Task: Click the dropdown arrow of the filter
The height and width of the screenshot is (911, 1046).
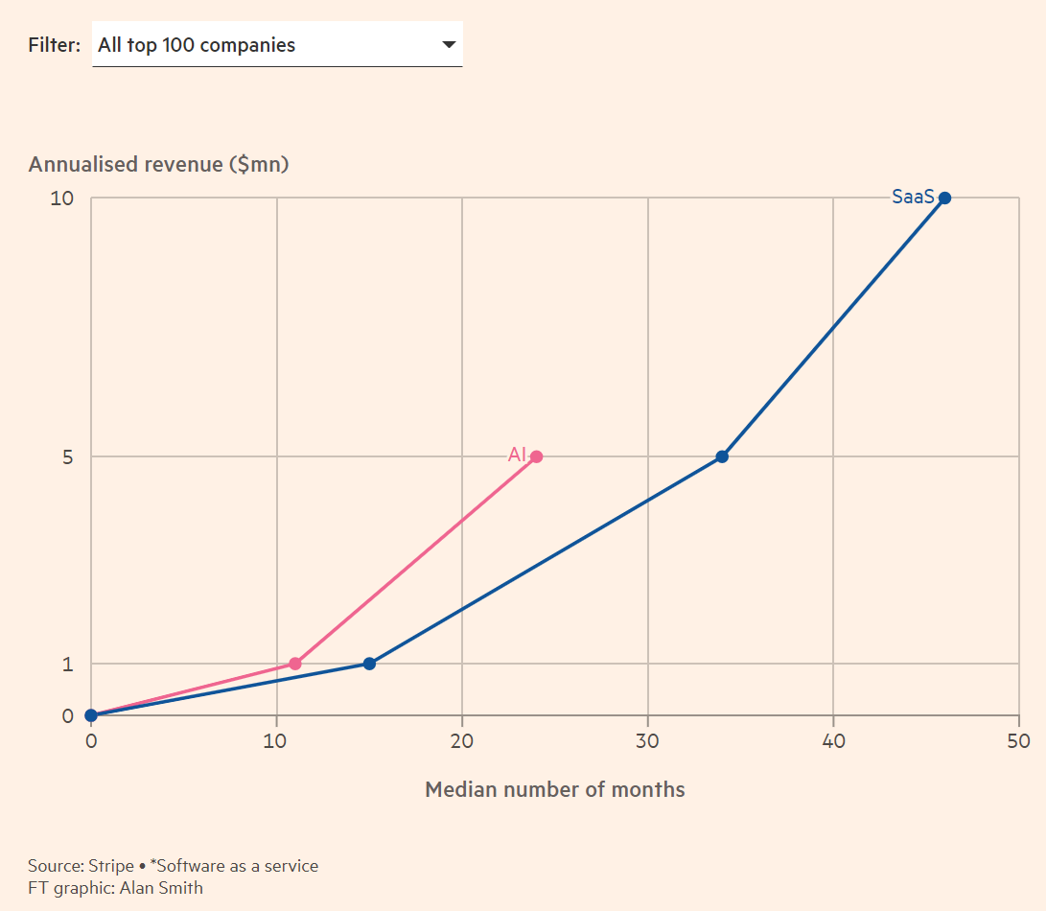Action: click(x=449, y=45)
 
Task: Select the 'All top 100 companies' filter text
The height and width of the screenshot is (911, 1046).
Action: click(x=197, y=45)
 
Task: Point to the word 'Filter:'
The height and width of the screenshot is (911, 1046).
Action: click(x=55, y=45)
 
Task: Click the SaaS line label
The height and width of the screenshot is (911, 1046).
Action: click(x=912, y=197)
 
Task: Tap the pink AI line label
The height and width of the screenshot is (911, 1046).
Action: click(x=517, y=455)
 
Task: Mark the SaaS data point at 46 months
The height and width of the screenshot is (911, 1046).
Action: click(x=944, y=198)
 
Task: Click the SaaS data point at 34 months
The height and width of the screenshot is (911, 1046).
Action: click(x=722, y=456)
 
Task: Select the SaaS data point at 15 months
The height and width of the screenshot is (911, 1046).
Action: click(x=369, y=664)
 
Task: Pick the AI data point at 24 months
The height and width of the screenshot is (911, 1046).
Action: click(x=536, y=456)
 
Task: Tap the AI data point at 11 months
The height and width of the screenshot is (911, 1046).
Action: click(x=295, y=664)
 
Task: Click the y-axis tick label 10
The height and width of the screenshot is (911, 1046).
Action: click(x=61, y=199)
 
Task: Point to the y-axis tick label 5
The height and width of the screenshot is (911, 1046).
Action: click(x=67, y=457)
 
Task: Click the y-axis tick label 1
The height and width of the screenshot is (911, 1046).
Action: click(x=68, y=665)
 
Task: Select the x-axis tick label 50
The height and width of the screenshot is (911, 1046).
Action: click(x=1018, y=741)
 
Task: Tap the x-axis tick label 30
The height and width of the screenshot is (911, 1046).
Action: click(x=647, y=741)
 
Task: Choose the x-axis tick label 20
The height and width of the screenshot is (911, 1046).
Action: click(x=462, y=741)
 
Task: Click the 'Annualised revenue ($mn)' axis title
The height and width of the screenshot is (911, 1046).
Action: click(x=159, y=164)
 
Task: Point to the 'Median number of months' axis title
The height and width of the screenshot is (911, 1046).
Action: click(x=555, y=790)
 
